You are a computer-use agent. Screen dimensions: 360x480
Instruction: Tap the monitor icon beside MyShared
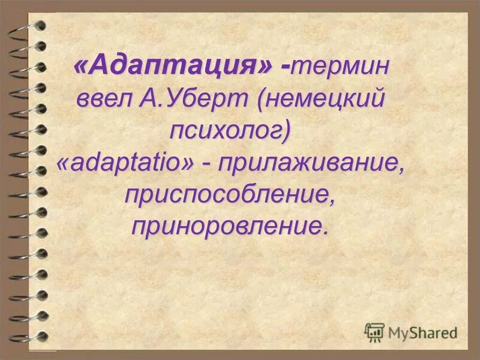pyautogui.click(x=374, y=332)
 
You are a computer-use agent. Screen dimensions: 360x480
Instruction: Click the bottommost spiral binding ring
pyautogui.click(x=30, y=336)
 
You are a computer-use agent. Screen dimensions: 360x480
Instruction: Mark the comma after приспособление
pyautogui.click(x=331, y=202)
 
